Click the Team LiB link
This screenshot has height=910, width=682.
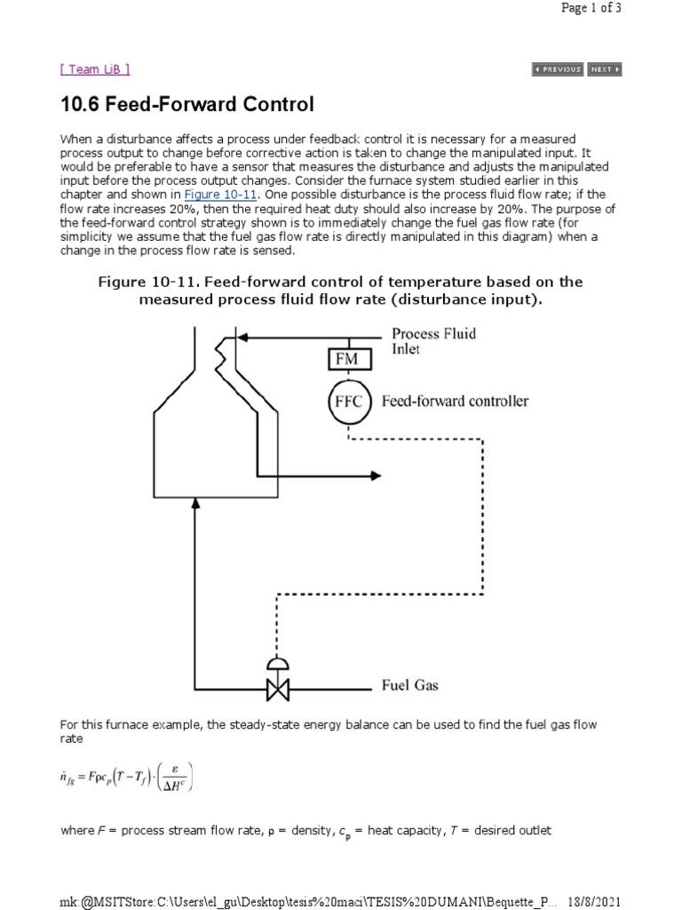coord(95,69)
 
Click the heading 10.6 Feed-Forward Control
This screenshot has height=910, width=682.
coord(187,105)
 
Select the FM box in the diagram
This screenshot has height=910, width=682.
coord(346,358)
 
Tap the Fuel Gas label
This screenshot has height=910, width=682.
coord(409,686)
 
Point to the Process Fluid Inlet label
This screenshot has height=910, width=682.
coord(433,341)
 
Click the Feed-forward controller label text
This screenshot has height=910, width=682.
coord(455,401)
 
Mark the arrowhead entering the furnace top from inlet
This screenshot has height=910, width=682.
coord(242,337)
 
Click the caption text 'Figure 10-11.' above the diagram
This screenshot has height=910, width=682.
coord(147,282)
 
